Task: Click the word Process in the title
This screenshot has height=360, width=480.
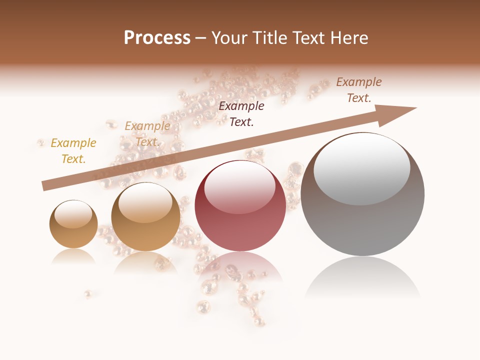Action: click(x=157, y=38)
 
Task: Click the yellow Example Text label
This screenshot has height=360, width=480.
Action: click(x=73, y=151)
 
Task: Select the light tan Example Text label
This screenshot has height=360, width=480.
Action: click(x=147, y=134)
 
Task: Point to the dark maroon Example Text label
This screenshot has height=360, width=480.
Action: click(x=241, y=113)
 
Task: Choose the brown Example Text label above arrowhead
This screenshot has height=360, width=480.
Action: click(x=358, y=90)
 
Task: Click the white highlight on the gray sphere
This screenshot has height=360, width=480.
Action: click(x=362, y=167)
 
